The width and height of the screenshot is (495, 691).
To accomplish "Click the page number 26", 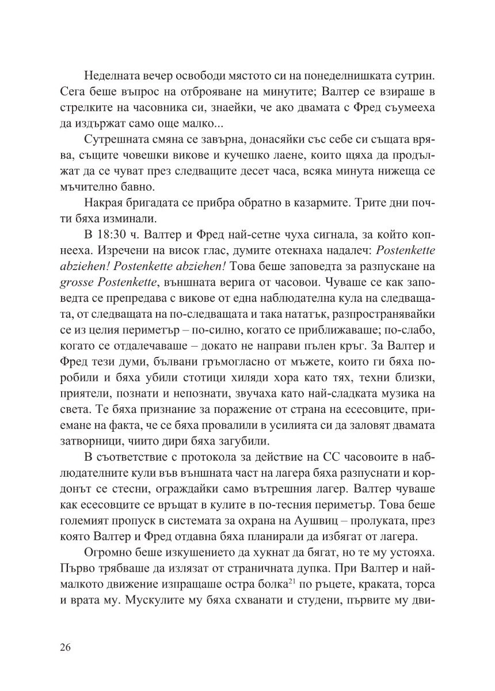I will [65, 648].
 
